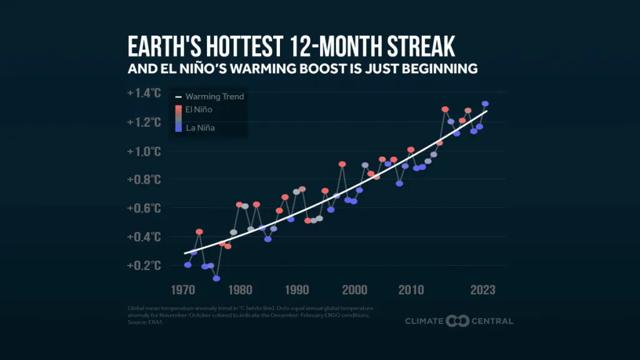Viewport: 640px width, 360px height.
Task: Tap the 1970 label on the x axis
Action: (x=183, y=290)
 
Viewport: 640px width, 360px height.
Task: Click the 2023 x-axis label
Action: (x=483, y=290)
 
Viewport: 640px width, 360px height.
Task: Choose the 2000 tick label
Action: (x=355, y=290)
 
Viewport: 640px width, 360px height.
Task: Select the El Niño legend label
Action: (x=199, y=109)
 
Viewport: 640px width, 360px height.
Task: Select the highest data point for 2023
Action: (x=485, y=104)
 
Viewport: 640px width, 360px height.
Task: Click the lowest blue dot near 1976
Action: (x=216, y=279)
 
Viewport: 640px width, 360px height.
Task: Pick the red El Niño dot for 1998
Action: (x=342, y=164)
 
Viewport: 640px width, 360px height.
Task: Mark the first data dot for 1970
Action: (x=187, y=265)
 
